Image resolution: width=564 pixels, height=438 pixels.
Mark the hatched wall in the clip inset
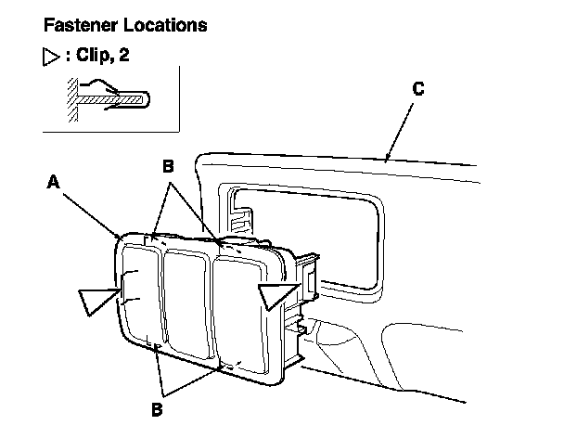point(70,99)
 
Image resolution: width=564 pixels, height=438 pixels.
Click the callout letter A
point(54,184)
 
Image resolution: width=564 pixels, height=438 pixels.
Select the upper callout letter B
point(169,166)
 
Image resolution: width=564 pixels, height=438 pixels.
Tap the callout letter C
point(418,89)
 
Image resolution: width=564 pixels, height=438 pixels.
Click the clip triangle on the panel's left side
point(99,301)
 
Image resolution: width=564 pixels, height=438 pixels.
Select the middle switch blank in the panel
point(186,304)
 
